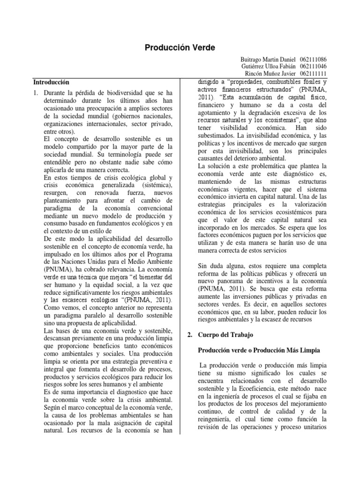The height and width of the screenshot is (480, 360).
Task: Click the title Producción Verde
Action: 180,48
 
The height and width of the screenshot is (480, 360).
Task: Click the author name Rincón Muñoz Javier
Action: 270,74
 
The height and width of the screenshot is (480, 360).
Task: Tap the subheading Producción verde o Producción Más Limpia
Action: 258,350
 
